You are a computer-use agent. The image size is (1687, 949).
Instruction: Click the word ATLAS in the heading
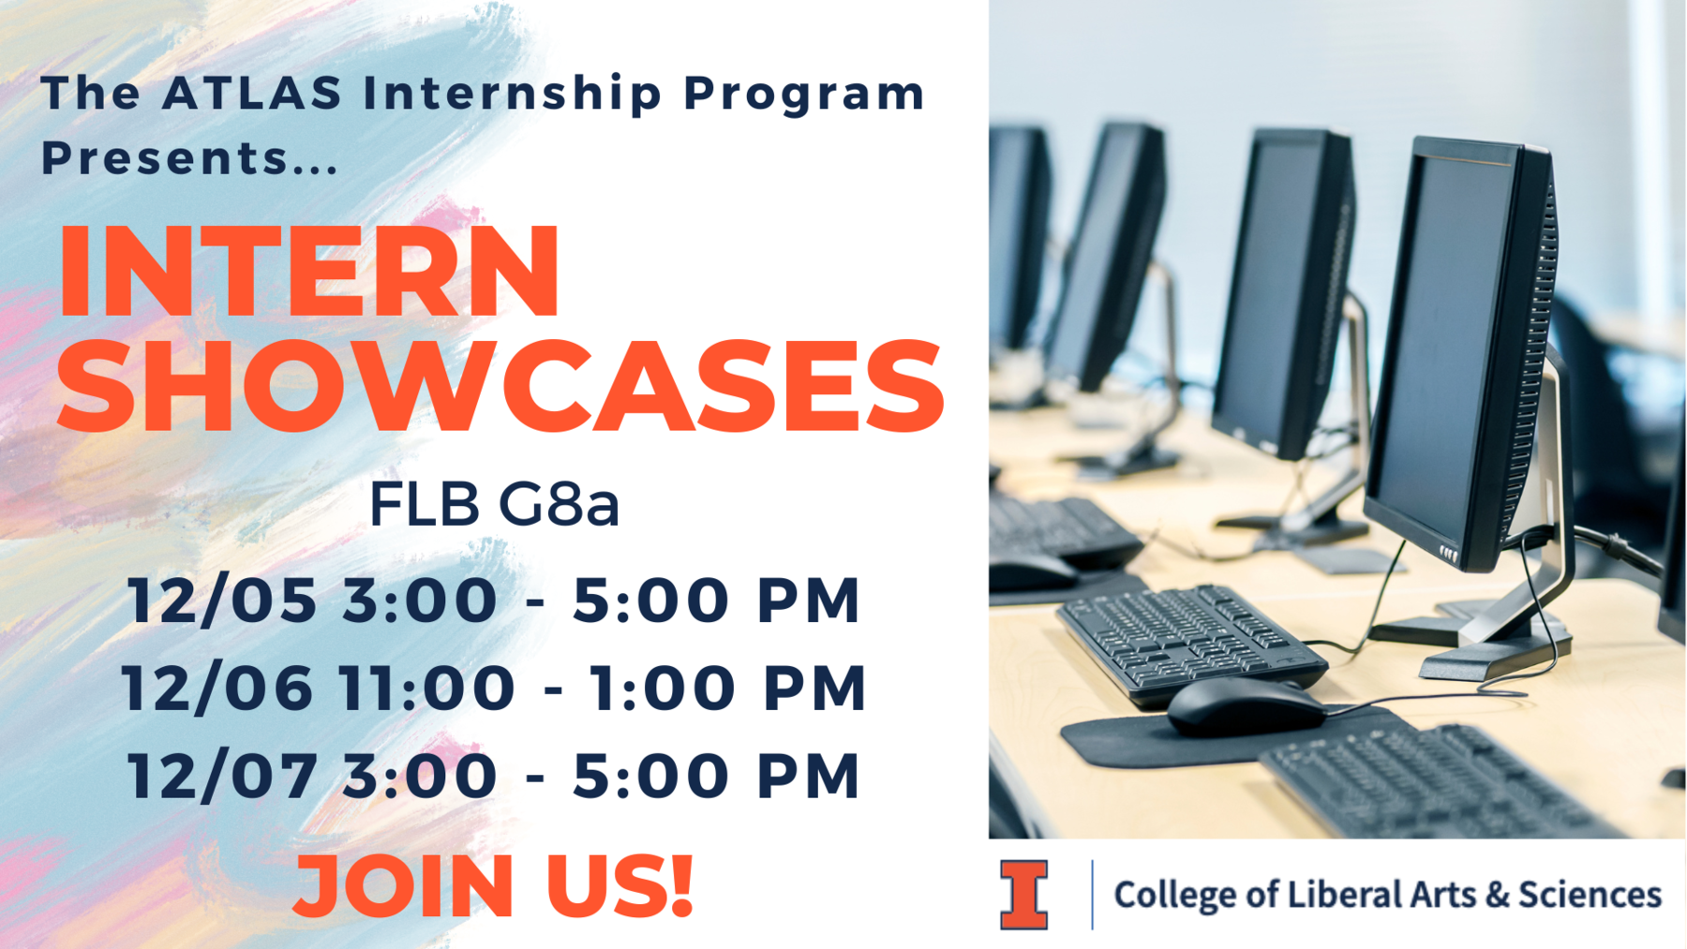point(252,94)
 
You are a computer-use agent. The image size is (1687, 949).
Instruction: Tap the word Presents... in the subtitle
point(188,157)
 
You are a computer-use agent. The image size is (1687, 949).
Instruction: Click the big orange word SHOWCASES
point(501,386)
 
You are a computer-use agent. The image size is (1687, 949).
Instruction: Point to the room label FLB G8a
point(494,504)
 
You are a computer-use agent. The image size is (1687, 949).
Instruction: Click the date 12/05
point(223,600)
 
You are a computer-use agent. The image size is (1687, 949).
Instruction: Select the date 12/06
point(217,687)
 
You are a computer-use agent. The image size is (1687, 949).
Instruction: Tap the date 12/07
point(223,775)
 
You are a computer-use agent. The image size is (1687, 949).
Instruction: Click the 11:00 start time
point(426,687)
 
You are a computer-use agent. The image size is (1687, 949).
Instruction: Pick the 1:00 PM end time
point(727,687)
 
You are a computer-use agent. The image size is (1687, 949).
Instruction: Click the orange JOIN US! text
point(493,885)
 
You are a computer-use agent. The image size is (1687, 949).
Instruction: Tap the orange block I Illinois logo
point(1023,895)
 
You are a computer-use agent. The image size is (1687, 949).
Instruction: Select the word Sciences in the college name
point(1590,894)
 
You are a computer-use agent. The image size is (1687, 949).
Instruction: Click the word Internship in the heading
point(513,94)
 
